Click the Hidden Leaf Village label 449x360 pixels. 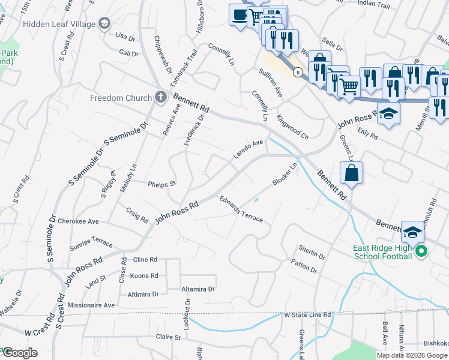point(59,24)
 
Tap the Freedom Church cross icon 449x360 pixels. point(160,97)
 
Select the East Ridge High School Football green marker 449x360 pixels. point(421,252)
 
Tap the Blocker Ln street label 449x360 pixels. point(285,173)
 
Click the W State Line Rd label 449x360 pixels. point(307,314)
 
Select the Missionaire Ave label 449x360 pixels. point(91,305)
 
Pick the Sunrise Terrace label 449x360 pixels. point(90,242)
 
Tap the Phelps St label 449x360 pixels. point(161,184)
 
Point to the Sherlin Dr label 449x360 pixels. point(312,251)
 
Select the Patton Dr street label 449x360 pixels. point(304,266)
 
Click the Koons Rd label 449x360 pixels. point(143,275)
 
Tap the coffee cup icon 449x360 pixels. point(240,15)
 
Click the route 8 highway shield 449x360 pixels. point(297,71)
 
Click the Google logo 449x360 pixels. point(19,353)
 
